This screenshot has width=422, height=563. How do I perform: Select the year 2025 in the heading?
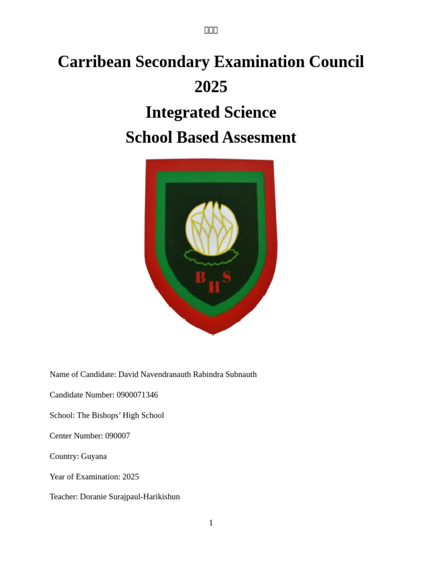pos(210,87)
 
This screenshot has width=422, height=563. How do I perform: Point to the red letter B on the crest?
pos(201,277)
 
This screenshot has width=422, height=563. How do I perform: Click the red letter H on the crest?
pos(214,287)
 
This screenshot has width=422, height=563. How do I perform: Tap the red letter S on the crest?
pos(226,277)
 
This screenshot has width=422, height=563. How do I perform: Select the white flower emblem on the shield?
pos(212,228)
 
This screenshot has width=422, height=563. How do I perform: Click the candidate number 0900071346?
pos(137,395)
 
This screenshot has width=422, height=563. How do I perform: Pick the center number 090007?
pos(118,436)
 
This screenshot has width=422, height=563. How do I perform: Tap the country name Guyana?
pos(94,456)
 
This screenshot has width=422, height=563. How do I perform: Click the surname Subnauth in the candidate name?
pos(240,374)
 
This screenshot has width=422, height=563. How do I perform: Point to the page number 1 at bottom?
pos(211,523)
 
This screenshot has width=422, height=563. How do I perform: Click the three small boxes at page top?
pos(211,30)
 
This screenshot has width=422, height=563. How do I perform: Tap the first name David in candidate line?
pos(129,374)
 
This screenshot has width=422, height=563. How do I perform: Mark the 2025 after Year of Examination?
pos(131,477)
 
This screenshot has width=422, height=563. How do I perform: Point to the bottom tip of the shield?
pos(213,333)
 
